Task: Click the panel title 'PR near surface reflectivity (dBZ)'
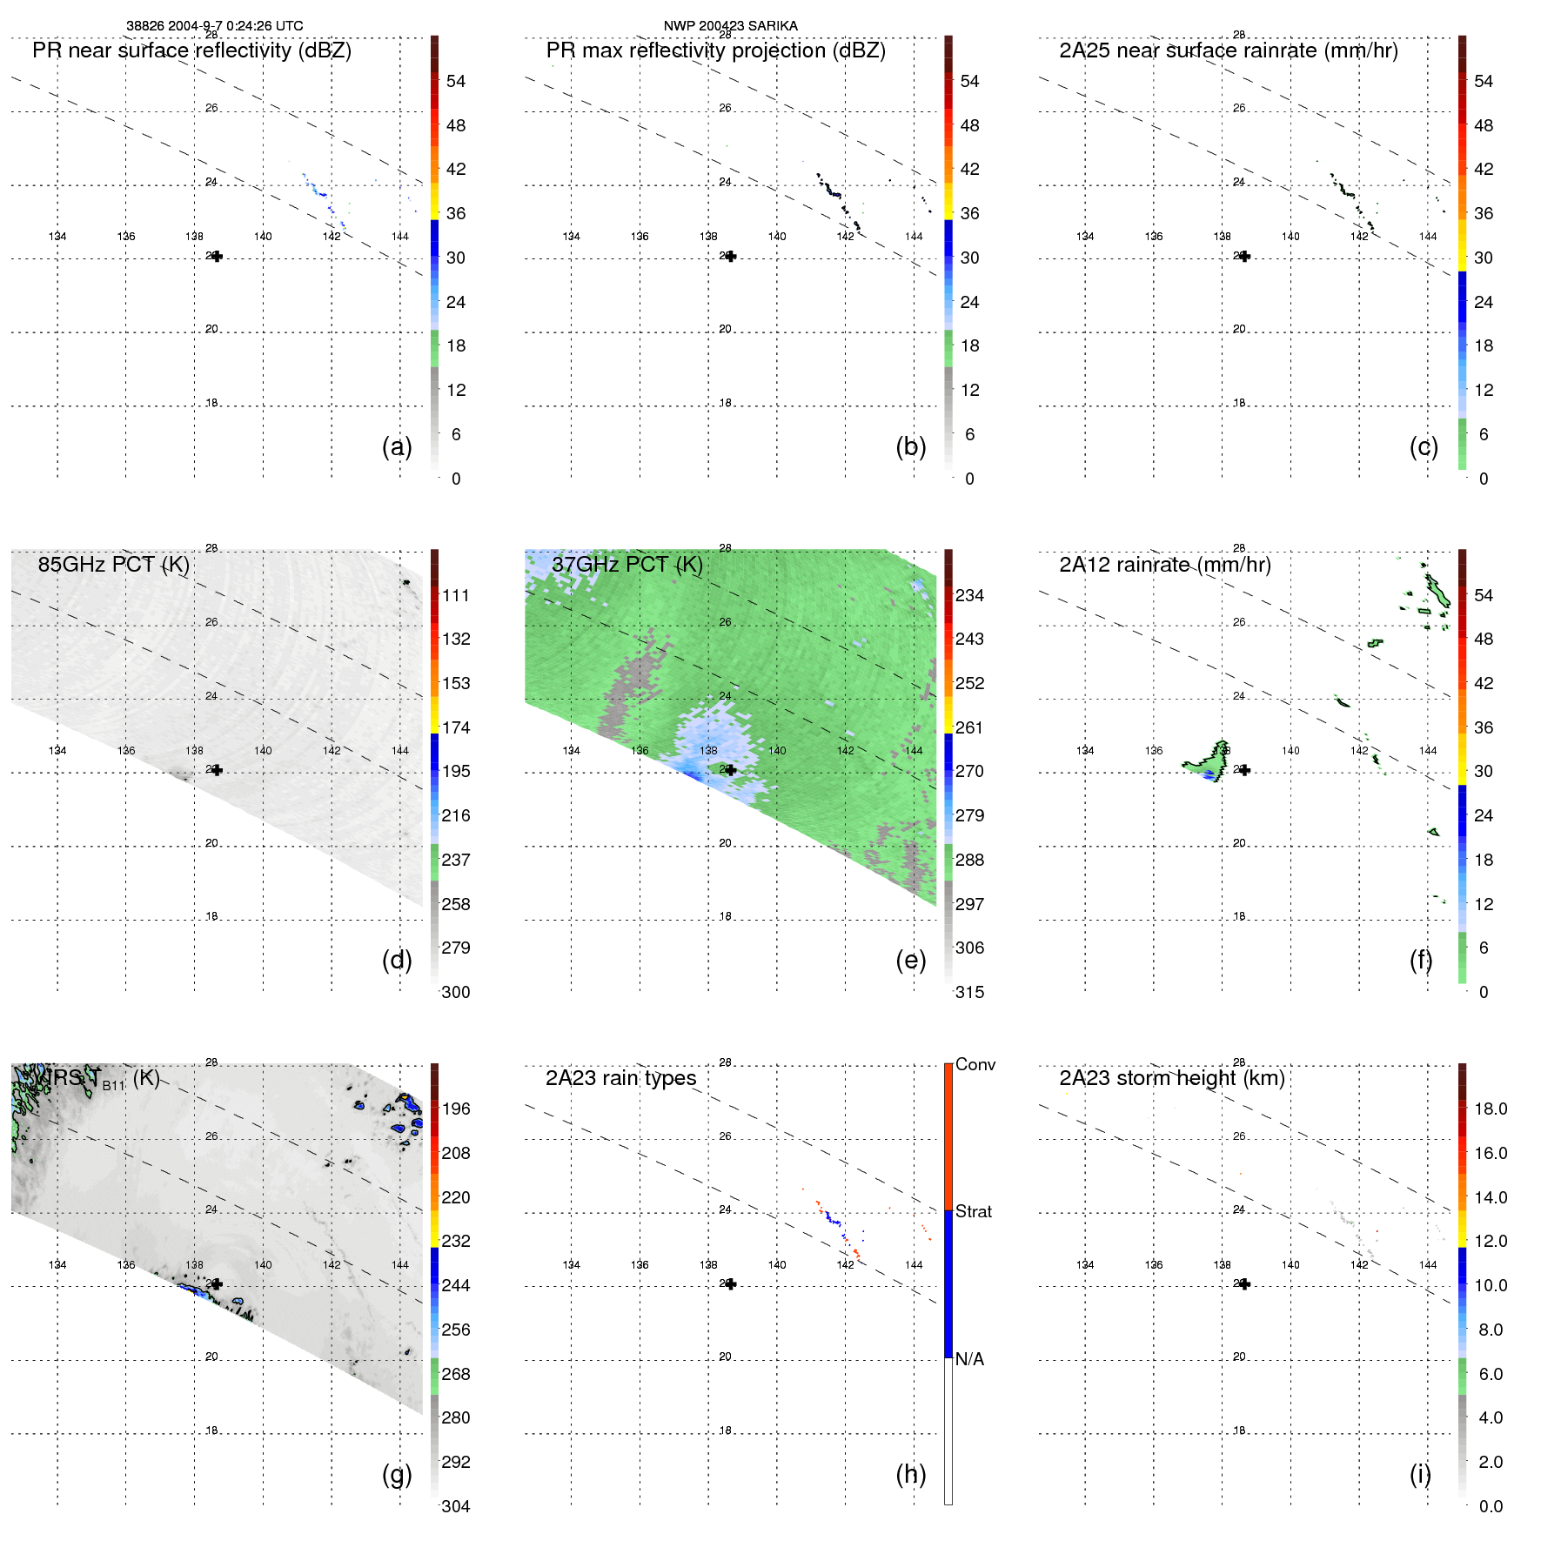[191, 50]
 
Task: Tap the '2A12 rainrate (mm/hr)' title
[1164, 565]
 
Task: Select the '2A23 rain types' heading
[620, 1078]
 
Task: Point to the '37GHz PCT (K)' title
[626, 565]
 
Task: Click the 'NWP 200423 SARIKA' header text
[730, 26]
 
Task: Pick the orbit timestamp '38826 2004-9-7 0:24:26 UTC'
[214, 26]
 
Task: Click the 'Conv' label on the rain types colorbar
[975, 1064]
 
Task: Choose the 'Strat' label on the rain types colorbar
[973, 1211]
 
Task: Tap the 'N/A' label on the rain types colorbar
[969, 1359]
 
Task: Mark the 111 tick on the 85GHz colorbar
[455, 595]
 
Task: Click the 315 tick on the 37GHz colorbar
[969, 992]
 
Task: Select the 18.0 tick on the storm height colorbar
[1490, 1109]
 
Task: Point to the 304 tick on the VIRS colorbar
[455, 1506]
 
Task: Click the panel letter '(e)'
[910, 960]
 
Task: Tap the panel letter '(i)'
[1420, 1474]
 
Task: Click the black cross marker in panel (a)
[217, 257]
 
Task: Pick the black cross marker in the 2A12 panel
[1244, 770]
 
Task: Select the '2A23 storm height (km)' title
[1171, 1078]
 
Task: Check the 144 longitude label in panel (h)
[914, 1264]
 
